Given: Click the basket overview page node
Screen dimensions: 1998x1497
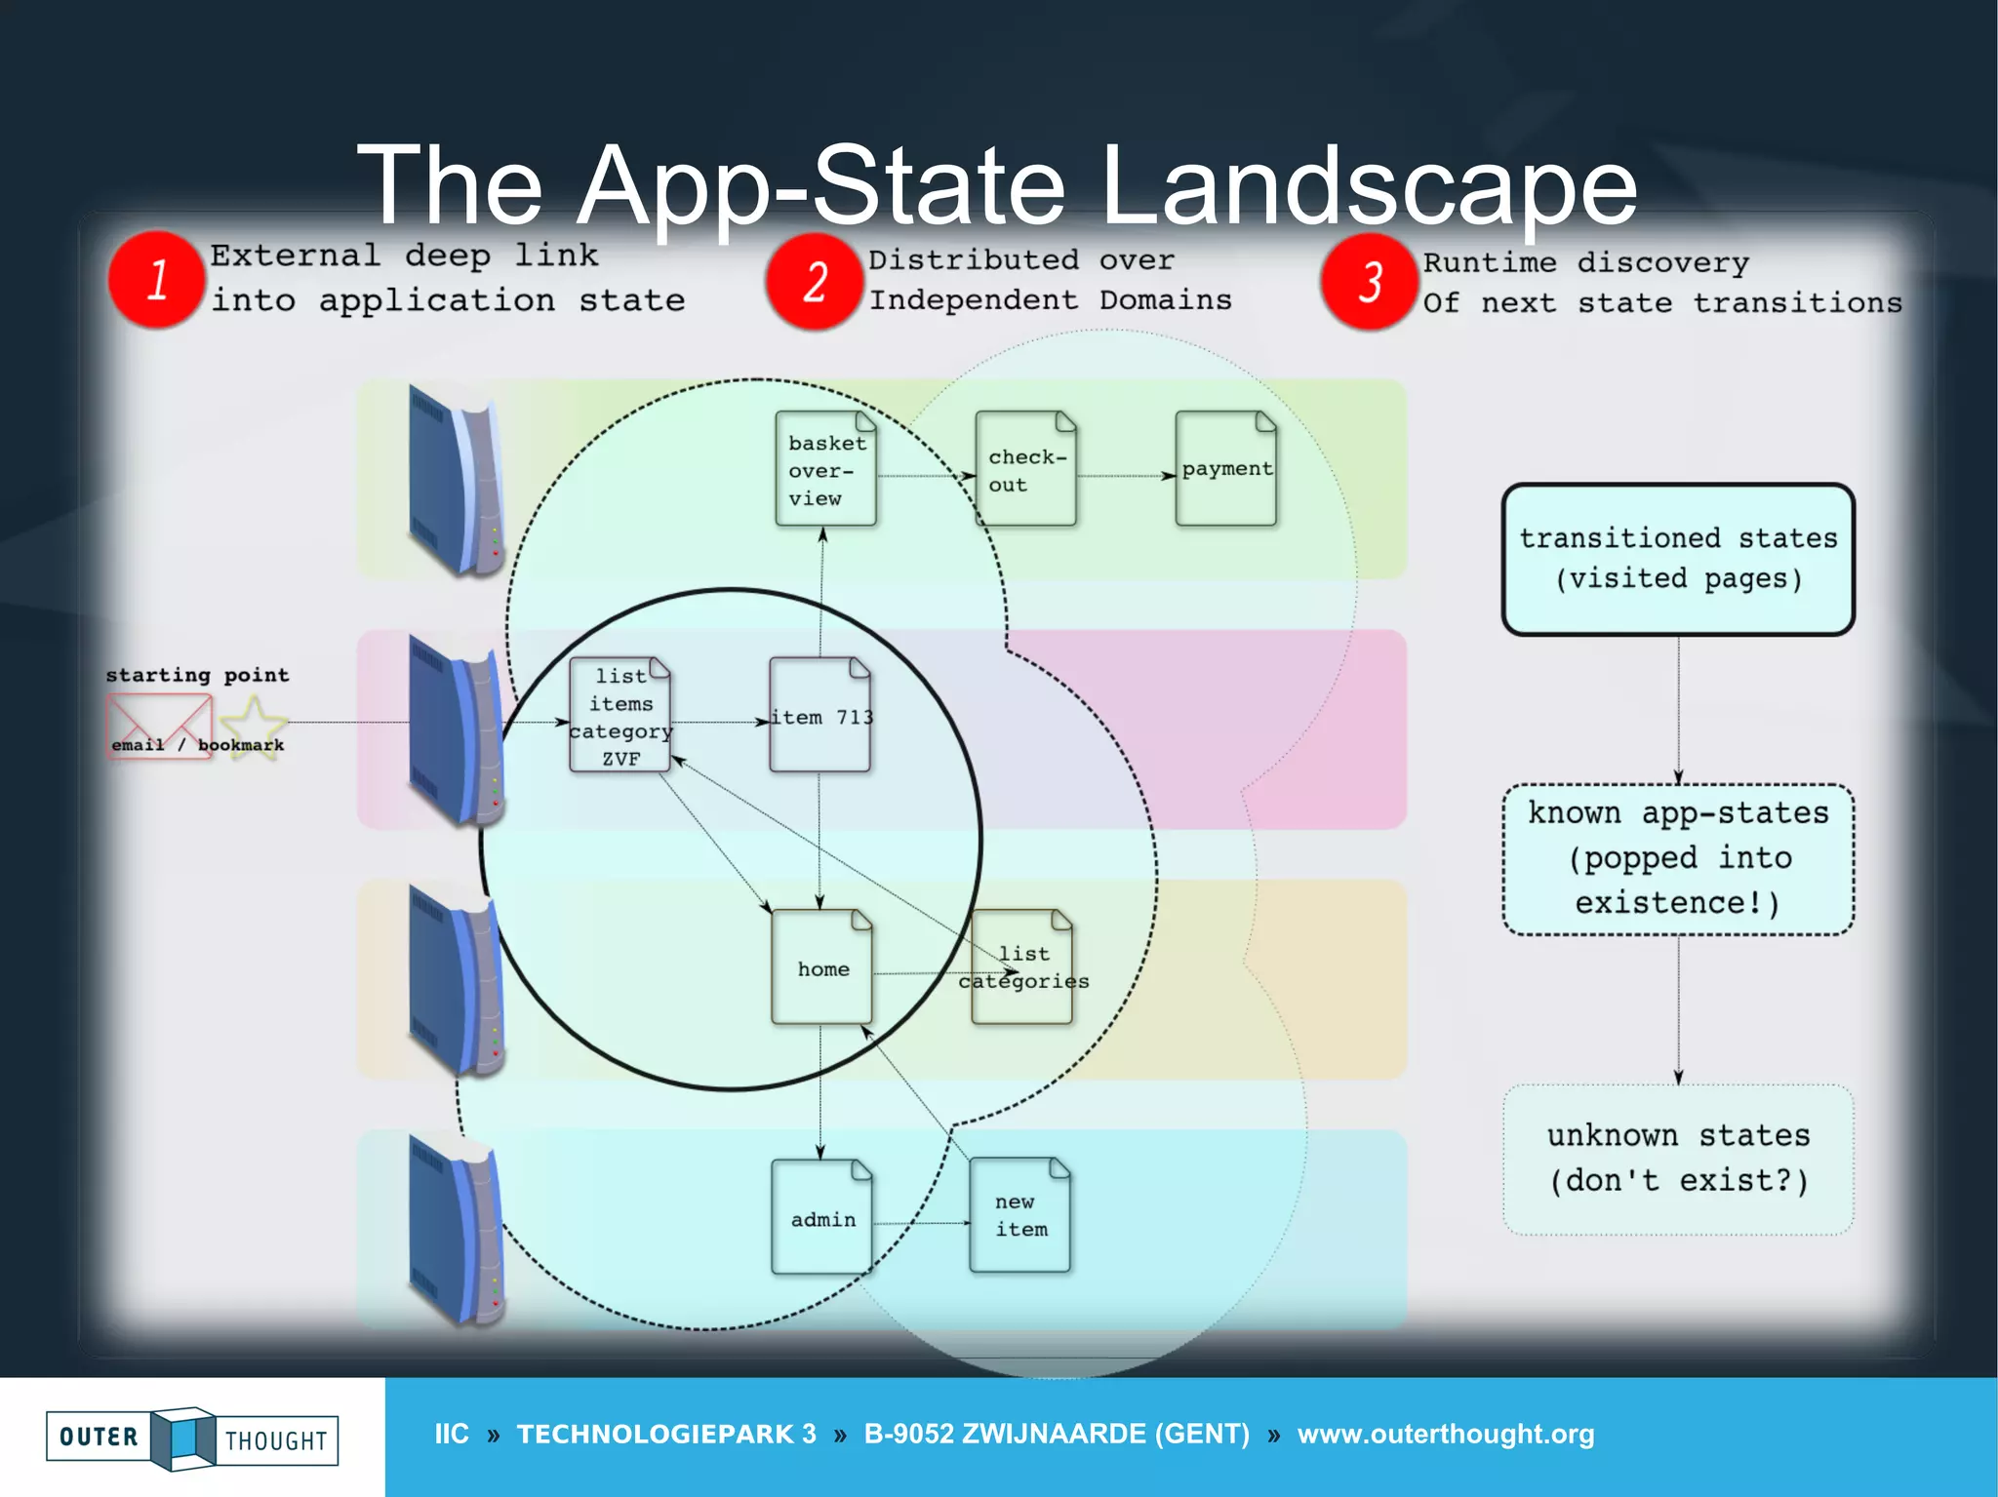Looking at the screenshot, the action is [x=825, y=469].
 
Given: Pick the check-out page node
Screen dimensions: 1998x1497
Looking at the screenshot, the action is [x=1025, y=469].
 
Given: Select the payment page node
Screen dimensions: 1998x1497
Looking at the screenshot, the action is [x=1225, y=469].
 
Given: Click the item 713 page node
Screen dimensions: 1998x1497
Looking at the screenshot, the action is [x=819, y=716].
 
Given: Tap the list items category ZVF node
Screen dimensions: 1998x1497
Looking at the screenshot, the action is [x=620, y=716].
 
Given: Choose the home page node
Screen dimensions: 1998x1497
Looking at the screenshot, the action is [x=821, y=967].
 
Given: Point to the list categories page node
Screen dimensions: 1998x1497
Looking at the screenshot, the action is [x=1022, y=967].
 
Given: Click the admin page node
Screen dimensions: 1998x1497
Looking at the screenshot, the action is [x=821, y=1217].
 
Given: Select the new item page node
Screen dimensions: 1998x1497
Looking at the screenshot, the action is [x=1020, y=1215].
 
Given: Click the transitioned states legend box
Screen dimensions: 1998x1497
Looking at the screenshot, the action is [x=1678, y=560].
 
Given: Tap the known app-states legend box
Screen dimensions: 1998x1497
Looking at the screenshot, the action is [x=1678, y=859].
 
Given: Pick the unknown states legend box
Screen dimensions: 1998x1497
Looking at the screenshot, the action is [x=1678, y=1160].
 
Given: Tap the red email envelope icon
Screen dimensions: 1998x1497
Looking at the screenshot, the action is [x=158, y=726].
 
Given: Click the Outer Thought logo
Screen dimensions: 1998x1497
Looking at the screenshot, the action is [x=192, y=1438].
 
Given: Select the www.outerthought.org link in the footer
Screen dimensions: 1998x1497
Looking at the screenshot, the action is [x=1446, y=1435].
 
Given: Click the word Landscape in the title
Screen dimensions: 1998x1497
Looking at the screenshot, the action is [x=1368, y=185].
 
